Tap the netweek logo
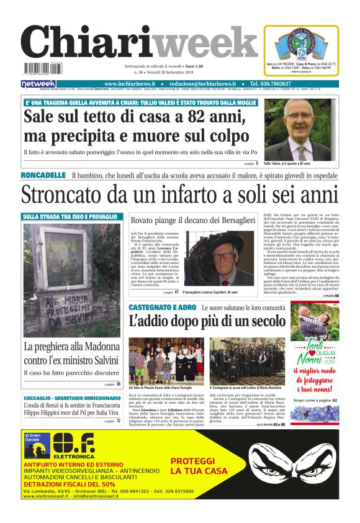(x=38, y=84)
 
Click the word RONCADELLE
(x=43, y=176)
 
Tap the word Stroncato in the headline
(x=65, y=195)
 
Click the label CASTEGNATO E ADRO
(x=162, y=308)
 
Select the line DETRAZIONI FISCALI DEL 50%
(x=70, y=484)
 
